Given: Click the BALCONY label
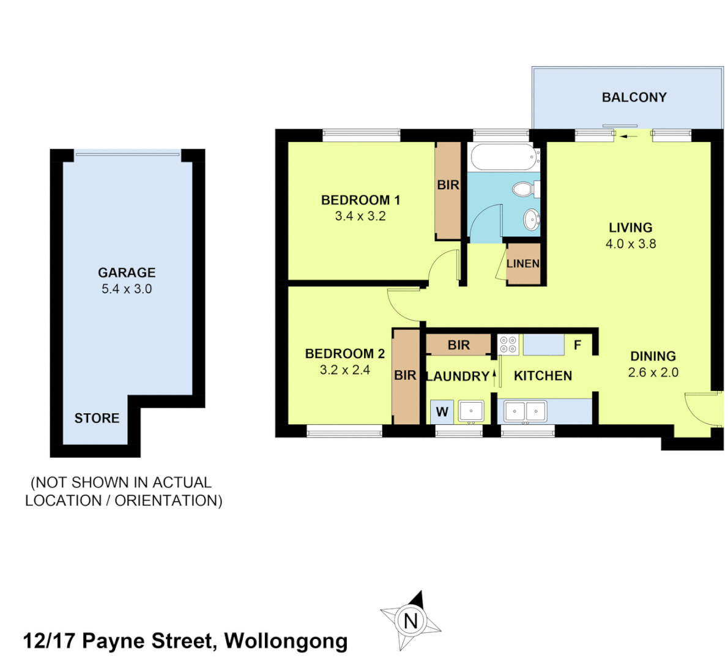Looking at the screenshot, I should (x=634, y=97).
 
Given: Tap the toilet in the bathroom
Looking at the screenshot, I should (x=524, y=189).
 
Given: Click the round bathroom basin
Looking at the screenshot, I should (x=531, y=218).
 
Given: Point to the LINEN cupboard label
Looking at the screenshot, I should (x=523, y=264).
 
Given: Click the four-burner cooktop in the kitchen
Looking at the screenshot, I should (x=508, y=345).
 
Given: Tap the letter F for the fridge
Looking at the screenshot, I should (x=577, y=345).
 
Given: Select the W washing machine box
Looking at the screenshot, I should (x=442, y=412).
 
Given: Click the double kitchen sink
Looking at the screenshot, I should (x=525, y=411).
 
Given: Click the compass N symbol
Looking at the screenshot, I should (x=410, y=621).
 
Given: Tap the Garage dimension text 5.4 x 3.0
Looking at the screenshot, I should (x=127, y=289).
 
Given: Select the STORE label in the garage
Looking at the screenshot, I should (x=97, y=418).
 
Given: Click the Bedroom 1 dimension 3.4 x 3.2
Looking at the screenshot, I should (x=360, y=216).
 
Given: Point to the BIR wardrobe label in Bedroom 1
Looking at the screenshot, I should (x=448, y=185).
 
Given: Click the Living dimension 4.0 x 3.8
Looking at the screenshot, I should (x=630, y=244).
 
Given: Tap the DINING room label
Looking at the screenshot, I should (x=653, y=356).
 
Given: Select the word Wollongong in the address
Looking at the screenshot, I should (x=286, y=641).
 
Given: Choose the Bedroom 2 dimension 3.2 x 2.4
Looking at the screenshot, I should (x=344, y=370).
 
